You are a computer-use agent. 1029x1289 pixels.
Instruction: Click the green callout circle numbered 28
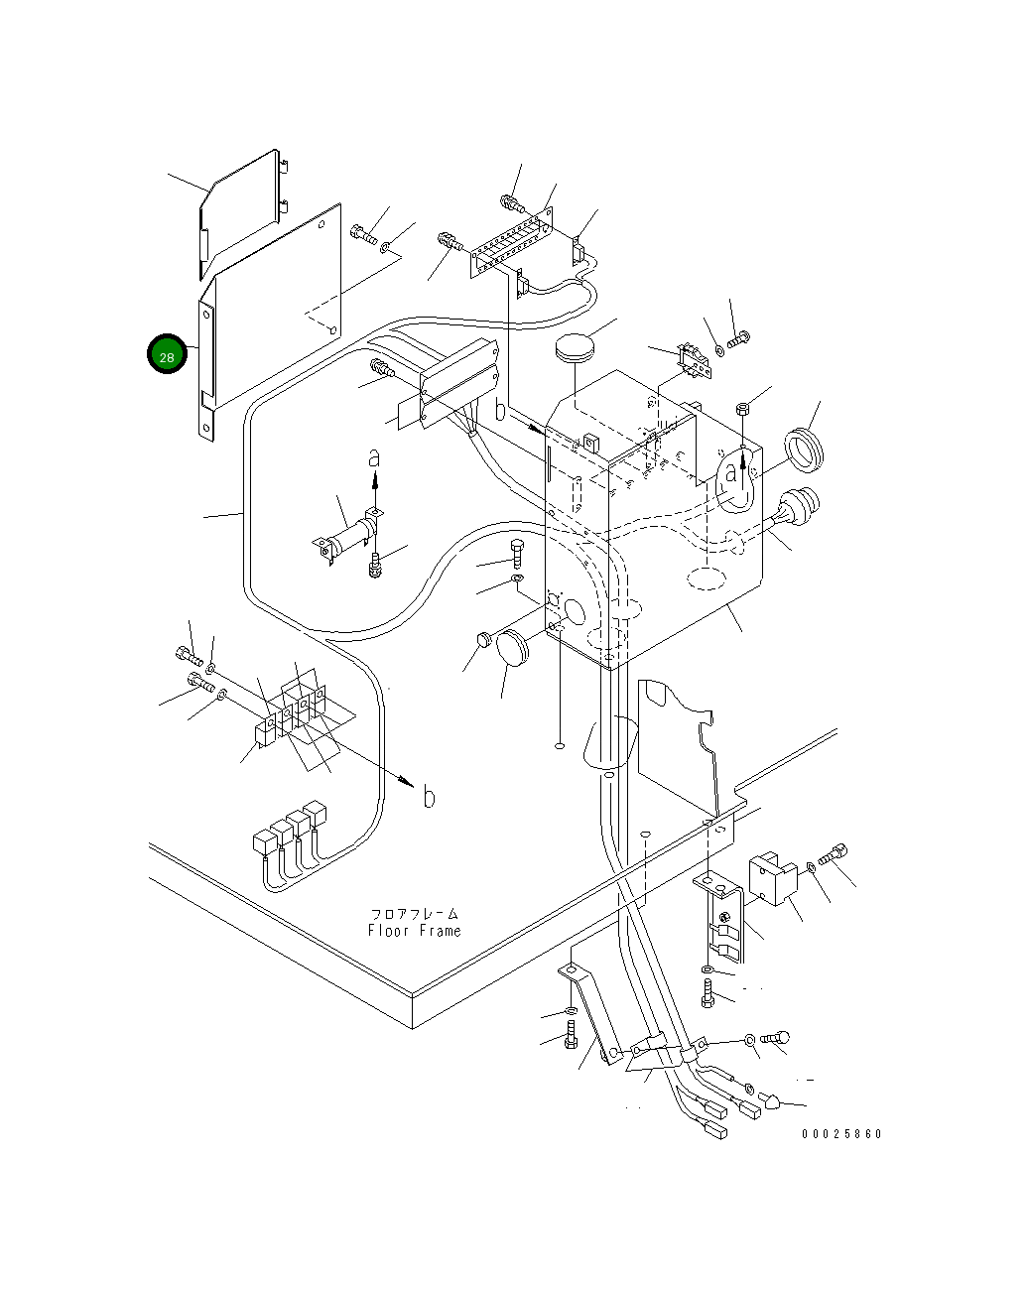(167, 354)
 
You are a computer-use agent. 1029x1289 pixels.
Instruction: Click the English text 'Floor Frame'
(415, 930)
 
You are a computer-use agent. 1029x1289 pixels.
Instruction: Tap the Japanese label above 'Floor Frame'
(415, 914)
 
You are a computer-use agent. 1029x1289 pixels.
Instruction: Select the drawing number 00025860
(841, 1134)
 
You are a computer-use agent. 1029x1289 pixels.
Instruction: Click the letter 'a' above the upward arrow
(374, 458)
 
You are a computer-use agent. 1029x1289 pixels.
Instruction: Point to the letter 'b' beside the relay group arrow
(429, 797)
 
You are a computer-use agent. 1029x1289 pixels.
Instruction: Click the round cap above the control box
(575, 348)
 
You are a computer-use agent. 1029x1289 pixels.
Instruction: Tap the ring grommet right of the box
(803, 450)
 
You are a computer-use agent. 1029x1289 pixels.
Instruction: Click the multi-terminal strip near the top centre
(512, 242)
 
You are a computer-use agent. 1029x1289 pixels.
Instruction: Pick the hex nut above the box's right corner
(742, 409)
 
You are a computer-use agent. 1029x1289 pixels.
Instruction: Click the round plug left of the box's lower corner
(512, 648)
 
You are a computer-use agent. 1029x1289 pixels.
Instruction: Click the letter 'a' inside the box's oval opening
(730, 473)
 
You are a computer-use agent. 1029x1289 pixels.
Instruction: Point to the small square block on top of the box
(590, 444)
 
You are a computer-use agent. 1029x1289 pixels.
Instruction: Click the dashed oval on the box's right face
(707, 580)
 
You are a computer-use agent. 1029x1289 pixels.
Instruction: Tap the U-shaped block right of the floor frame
(773, 880)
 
